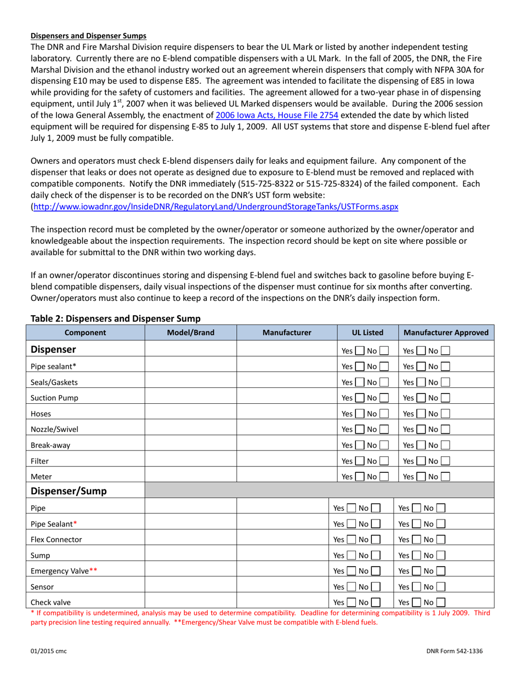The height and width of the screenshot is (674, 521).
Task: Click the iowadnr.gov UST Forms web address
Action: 216,207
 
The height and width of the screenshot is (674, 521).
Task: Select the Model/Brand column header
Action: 190,332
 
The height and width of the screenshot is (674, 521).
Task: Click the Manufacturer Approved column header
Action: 446,332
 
